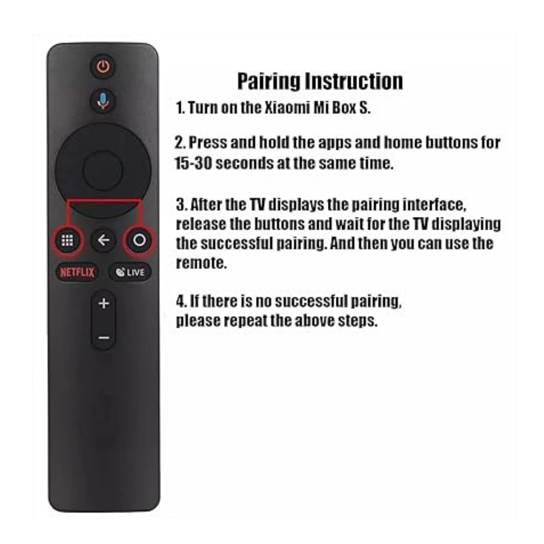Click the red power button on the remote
103,66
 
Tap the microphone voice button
103,100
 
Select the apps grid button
67,241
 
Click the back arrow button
103,241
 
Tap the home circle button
139,241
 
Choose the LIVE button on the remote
130,273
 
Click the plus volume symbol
103,304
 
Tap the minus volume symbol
103,337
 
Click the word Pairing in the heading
269,82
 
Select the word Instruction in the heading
355,82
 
